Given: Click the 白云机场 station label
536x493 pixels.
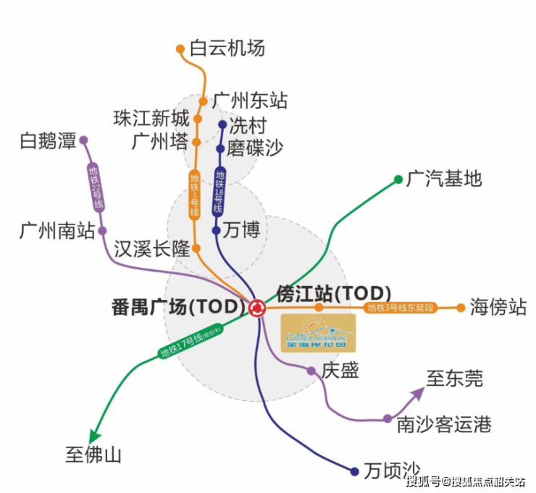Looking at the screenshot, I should click(227, 49).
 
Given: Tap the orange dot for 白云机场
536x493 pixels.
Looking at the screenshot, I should click(180, 49).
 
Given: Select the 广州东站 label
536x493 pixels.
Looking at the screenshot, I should click(250, 100).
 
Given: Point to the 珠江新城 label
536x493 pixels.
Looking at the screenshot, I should click(151, 118).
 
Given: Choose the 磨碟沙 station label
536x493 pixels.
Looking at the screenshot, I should click(254, 148).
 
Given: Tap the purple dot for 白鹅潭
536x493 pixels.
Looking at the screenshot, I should click(83, 140).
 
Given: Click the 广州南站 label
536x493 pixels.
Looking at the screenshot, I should click(57, 232).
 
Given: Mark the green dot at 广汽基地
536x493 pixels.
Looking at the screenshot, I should click(398, 179).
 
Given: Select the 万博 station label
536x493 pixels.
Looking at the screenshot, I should click(241, 231).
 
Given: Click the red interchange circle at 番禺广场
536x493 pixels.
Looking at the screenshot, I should click(256, 308).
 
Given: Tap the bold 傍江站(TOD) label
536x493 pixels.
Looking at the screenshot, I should click(334, 293).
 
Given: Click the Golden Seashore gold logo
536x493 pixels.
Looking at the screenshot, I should click(318, 333).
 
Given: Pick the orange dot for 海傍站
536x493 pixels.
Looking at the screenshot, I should click(461, 308).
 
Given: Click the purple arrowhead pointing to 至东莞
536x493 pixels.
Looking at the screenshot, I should click(418, 393).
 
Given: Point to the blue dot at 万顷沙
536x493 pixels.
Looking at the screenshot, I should click(354, 471).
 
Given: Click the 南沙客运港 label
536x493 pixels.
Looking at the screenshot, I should click(444, 424).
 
